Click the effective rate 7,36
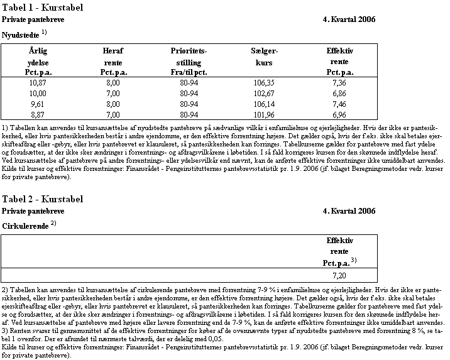pos(339,82)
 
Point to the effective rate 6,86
pos(339,93)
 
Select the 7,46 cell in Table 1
pos(339,104)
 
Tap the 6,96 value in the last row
pos(339,114)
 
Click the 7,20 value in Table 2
pos(339,275)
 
